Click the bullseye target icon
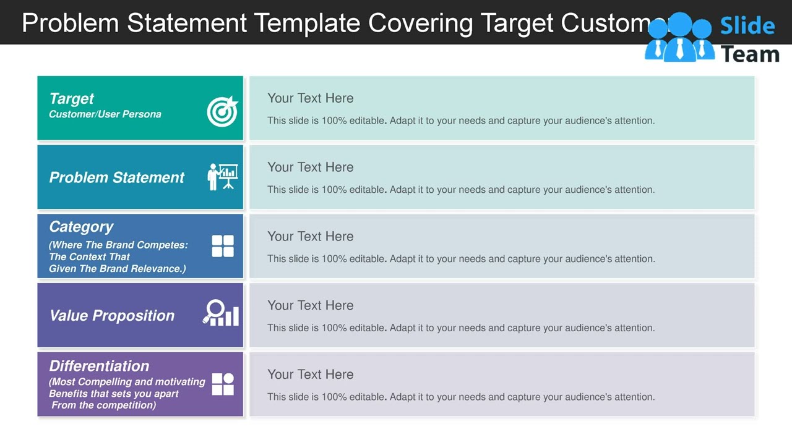point(222,111)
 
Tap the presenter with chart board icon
point(223,177)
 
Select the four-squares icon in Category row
point(223,246)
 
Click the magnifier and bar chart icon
point(221,313)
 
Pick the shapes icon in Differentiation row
point(223,384)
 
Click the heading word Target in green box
point(71,99)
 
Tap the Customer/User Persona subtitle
point(105,114)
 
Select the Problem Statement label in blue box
point(116,177)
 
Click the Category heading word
point(81,227)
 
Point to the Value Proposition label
point(111,316)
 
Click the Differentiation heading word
point(99,366)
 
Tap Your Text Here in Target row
point(310,98)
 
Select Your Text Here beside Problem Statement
point(310,167)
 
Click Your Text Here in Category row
point(310,237)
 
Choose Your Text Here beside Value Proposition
point(310,306)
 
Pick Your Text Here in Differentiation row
point(310,375)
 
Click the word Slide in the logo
point(747,26)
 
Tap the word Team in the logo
point(750,54)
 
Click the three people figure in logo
point(679,38)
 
